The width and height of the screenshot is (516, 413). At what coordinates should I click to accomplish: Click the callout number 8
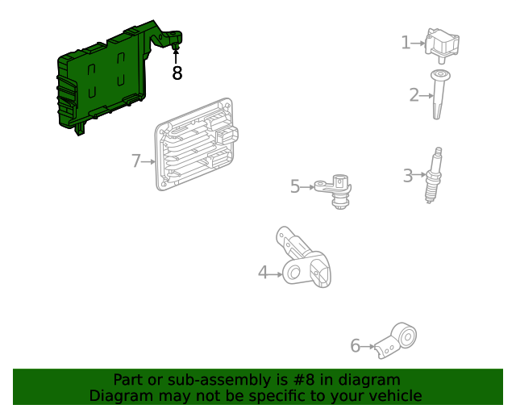click(177, 73)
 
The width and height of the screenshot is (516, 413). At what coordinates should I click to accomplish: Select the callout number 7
click(136, 161)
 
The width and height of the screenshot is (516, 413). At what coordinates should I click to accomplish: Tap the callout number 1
click(406, 43)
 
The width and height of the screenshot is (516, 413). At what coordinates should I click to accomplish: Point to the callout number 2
click(414, 95)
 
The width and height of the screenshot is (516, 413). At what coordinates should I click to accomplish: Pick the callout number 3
click(408, 174)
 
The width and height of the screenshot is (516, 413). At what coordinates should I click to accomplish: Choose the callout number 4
click(263, 273)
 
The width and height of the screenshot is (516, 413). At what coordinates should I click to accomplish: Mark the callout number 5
click(295, 187)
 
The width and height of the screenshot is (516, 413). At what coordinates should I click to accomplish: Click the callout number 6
click(355, 346)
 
